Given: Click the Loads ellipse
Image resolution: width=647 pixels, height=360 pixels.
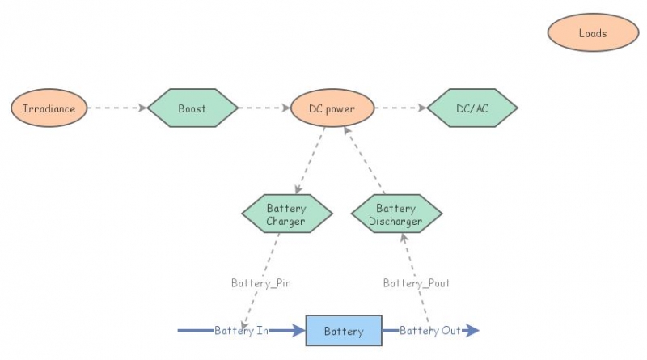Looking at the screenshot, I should (x=592, y=33).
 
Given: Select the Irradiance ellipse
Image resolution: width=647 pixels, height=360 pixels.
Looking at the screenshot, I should (x=49, y=108).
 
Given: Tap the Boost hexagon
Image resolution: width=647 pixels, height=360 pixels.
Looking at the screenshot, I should (x=192, y=108).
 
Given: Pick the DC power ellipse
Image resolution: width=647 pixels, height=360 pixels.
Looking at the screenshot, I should (x=332, y=108).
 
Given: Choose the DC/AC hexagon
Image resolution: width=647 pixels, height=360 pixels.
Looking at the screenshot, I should (x=472, y=108).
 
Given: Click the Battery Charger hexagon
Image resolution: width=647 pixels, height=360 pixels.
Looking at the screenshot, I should (x=286, y=214).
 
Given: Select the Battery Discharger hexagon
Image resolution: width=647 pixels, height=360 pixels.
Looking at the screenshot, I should (x=396, y=214).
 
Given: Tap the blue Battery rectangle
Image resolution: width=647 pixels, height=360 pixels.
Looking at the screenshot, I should (x=343, y=331).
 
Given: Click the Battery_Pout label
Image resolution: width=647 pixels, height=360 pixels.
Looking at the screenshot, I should (x=417, y=283).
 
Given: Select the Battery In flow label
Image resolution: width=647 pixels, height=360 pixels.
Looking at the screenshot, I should (x=241, y=331).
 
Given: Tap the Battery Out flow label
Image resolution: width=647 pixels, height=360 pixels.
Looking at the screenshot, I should (x=429, y=331).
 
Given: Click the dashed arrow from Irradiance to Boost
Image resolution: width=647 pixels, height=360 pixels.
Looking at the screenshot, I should (x=116, y=108).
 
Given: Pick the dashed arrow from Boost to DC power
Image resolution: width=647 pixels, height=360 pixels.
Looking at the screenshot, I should (x=264, y=108).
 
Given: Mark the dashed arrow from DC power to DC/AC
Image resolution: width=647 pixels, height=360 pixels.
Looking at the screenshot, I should (x=400, y=108).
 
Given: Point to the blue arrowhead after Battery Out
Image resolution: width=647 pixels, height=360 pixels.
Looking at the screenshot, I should (x=473, y=330).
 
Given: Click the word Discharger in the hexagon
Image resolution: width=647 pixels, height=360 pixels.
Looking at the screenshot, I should (x=396, y=221).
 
